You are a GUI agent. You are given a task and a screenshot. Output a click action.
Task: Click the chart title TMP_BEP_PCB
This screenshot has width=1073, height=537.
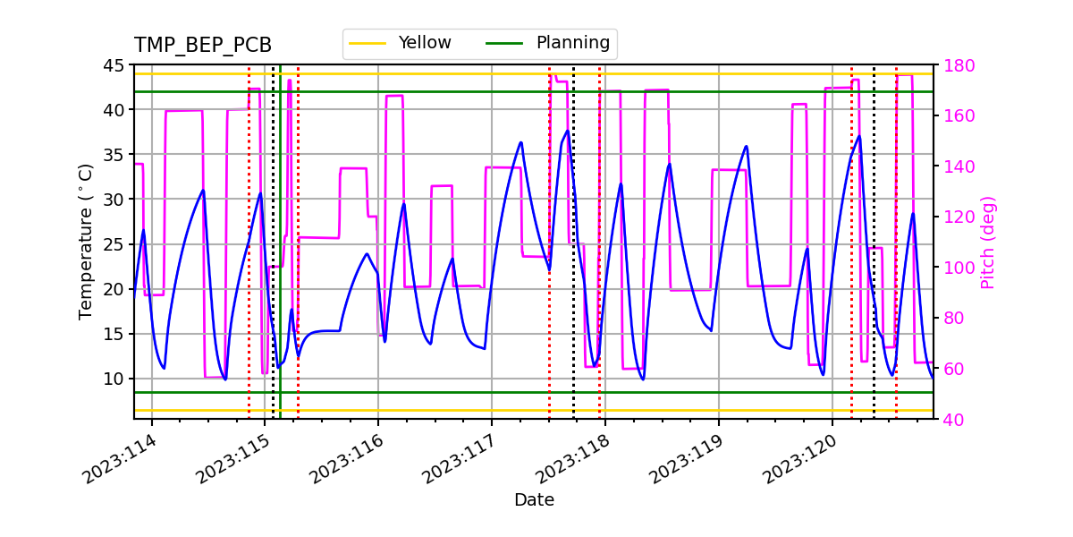(x=203, y=46)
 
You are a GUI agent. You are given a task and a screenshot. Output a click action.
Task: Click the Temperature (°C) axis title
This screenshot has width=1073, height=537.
(x=86, y=241)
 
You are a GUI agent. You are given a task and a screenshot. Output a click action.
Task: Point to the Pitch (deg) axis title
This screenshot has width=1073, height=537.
(x=987, y=242)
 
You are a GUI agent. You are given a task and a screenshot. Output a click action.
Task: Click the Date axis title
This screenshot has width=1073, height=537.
(x=534, y=500)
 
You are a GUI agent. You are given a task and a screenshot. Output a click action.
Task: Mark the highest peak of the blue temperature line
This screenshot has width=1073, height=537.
(x=567, y=131)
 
